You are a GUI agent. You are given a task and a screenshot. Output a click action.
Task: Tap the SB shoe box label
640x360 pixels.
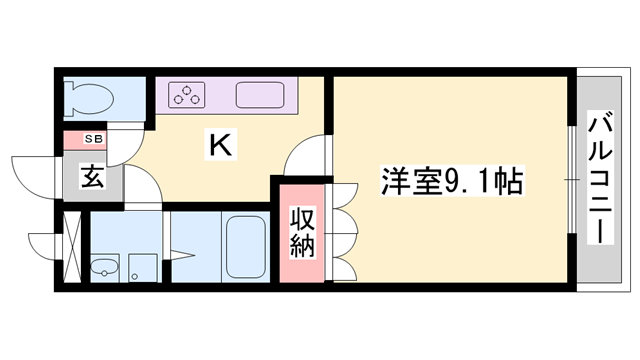[91, 138]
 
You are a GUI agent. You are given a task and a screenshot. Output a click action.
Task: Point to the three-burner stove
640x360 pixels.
[187, 96]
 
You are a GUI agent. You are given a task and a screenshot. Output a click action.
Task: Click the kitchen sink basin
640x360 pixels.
[262, 97]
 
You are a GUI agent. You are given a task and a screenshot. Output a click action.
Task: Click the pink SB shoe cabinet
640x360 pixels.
[85, 139]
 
